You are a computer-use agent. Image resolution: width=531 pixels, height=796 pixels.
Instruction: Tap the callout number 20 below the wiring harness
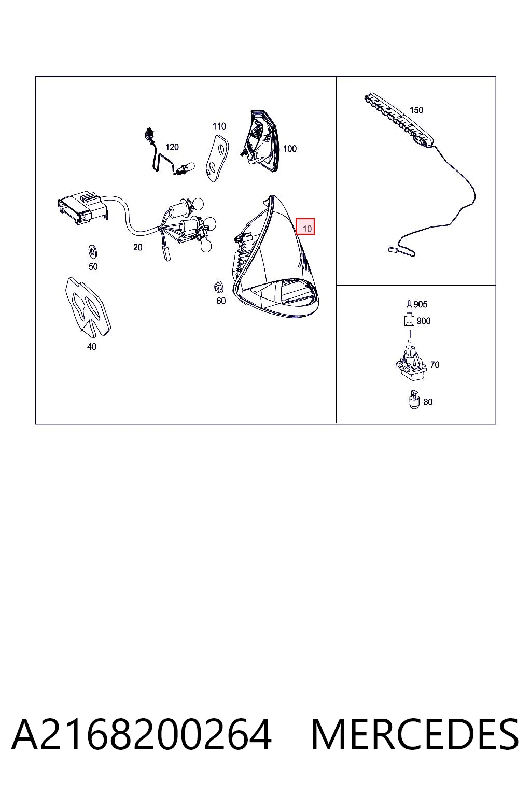point(137,247)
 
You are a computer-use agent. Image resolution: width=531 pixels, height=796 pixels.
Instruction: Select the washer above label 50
point(93,251)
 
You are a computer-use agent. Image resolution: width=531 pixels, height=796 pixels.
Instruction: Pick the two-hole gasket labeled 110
point(216,158)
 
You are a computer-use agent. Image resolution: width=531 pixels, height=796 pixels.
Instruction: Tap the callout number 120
point(172,147)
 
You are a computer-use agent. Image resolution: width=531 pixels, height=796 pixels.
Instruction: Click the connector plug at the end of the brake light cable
point(393,250)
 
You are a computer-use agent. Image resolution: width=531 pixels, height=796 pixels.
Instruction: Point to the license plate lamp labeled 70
point(411,362)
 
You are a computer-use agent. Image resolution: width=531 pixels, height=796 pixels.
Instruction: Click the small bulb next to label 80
point(414,400)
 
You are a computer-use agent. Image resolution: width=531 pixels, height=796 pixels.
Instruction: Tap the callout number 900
point(424,321)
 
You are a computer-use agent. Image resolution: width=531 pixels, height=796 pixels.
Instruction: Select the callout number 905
point(421,304)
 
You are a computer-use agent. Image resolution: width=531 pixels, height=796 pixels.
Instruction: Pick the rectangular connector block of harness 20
point(82,208)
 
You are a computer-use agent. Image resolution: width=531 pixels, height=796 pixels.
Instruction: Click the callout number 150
point(416,110)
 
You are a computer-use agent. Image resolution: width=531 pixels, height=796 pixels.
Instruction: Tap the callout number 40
point(92,347)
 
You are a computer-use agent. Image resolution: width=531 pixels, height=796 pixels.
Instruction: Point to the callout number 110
point(219,126)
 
